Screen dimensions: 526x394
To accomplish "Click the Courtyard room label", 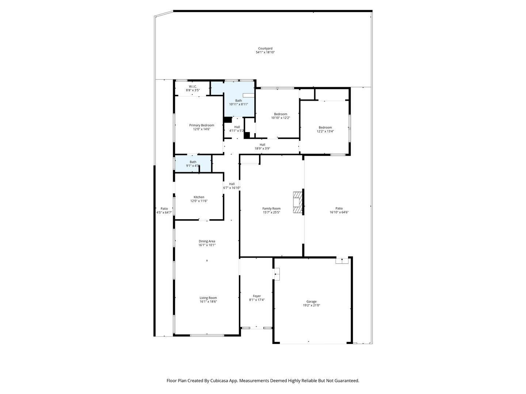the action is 265,49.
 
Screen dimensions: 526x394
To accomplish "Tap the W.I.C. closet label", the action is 193,86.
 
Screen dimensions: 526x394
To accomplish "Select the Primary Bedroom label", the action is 202,125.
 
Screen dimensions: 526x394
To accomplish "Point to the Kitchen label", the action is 199,197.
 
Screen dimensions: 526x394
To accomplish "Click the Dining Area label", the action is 207,241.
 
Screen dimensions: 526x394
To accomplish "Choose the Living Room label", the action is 208,298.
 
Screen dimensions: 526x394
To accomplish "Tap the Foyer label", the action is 257,296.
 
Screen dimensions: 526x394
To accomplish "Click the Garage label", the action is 311,301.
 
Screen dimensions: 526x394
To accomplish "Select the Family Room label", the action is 271,209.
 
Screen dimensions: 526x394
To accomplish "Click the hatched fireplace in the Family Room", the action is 298,202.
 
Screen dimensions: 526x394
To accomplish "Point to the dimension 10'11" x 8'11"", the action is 239,104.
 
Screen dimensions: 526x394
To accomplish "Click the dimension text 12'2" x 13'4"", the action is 325,131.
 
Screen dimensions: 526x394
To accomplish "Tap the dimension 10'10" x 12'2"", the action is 281,118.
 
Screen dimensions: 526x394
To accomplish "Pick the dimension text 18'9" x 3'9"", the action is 262,148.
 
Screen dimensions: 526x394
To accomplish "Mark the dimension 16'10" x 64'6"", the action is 339,212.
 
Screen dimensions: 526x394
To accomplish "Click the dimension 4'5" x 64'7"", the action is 164,212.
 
